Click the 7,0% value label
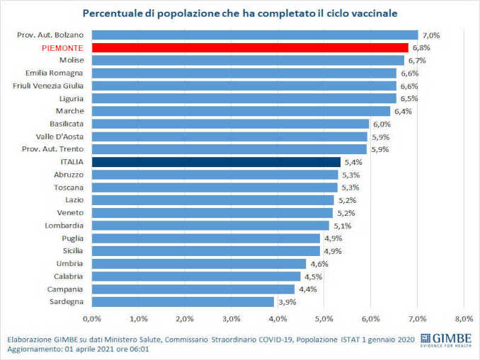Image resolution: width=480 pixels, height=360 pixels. [431, 35]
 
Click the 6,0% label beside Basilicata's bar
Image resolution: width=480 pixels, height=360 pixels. [382, 124]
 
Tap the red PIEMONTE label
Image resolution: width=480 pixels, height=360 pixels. [62, 47]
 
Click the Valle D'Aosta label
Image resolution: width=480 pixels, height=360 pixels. [60, 137]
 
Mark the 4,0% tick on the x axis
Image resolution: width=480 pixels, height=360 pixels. [278, 318]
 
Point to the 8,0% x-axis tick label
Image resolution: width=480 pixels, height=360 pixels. [464, 318]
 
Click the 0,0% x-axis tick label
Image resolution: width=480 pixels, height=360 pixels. [93, 318]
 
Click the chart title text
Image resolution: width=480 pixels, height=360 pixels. [240, 13]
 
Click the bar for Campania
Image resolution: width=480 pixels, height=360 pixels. [193, 289]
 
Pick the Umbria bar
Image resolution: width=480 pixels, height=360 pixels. [199, 264]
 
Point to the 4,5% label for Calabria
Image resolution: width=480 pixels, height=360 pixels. [314, 277]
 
